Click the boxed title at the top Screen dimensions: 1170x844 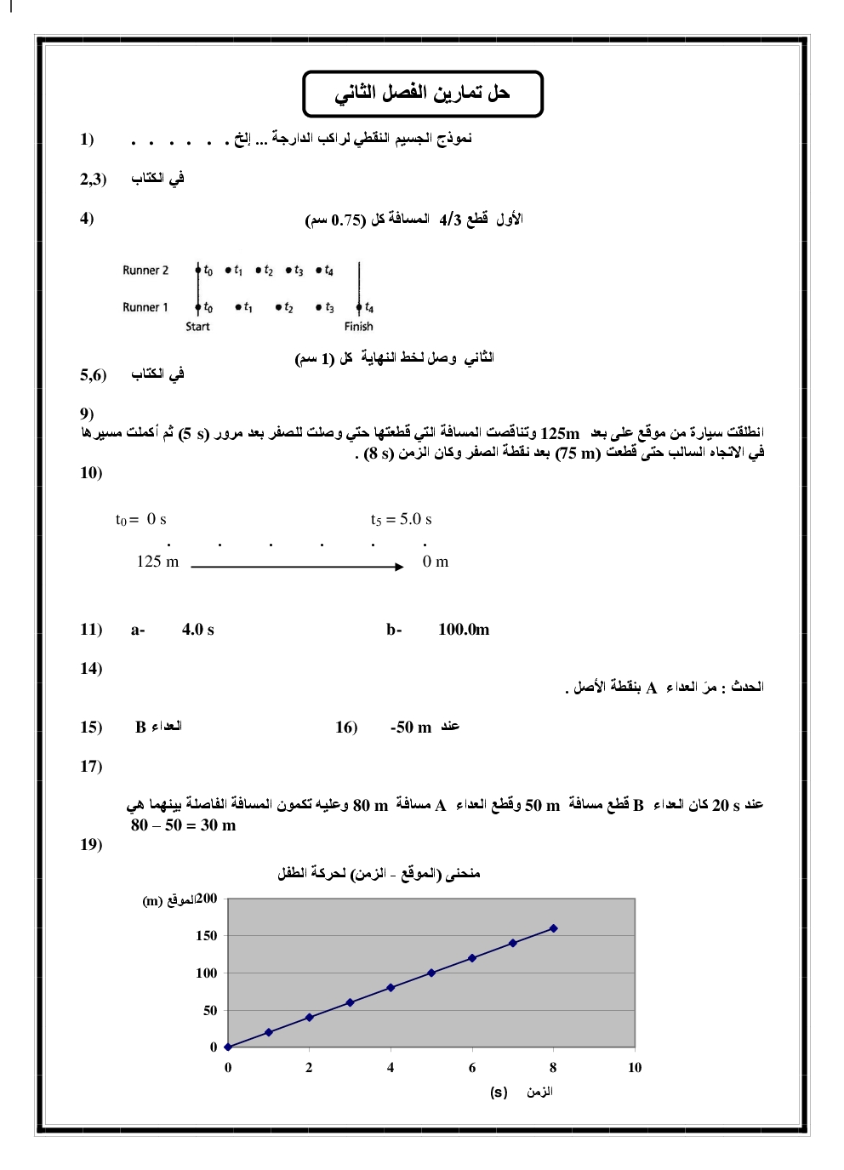tap(422, 94)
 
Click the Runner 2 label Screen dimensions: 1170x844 tap(145, 271)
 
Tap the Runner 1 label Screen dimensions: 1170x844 tap(145, 307)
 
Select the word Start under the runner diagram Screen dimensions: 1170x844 tap(197, 327)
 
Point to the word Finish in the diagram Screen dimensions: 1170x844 tap(358, 327)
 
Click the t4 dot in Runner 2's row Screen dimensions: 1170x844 tap(319, 271)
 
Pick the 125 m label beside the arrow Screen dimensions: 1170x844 tap(158, 562)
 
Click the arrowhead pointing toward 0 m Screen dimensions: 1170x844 tap(399, 567)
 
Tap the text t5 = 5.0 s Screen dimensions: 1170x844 tap(401, 519)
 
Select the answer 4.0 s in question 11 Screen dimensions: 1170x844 tap(198, 630)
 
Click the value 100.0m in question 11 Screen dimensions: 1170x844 tap(464, 630)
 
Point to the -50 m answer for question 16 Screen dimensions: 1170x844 tap(411, 728)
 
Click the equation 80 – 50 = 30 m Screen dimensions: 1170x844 tap(184, 825)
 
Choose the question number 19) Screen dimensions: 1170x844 tap(91, 844)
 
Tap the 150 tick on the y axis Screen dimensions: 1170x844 tap(207, 936)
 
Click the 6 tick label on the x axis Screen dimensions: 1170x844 tap(472, 1068)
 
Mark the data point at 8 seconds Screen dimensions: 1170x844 tap(554, 928)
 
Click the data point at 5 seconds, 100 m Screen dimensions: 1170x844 tap(431, 973)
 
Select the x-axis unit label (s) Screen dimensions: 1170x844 tap(499, 1092)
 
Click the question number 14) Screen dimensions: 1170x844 tap(91, 668)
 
